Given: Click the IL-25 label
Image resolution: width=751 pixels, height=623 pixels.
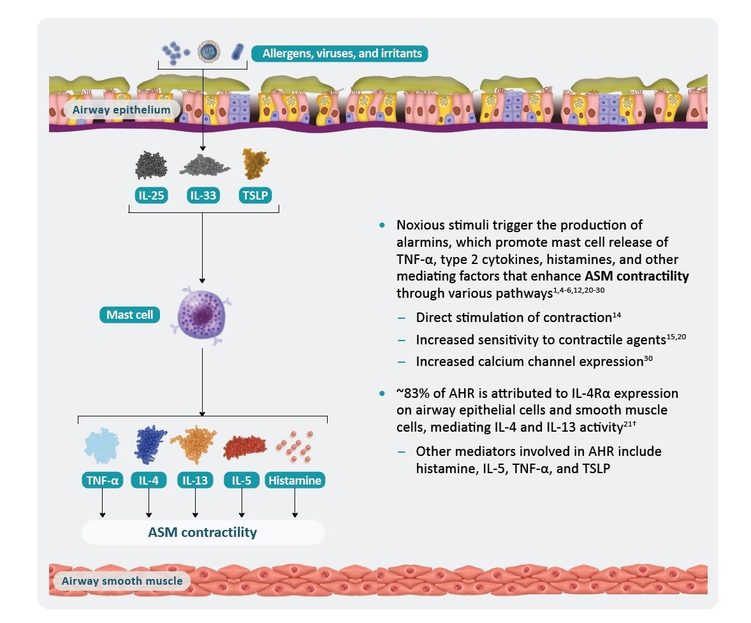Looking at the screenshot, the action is pos(151,196).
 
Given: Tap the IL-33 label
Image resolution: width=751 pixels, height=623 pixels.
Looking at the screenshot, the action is pos(203,196).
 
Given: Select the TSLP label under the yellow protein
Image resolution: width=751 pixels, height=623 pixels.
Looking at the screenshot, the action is pos(255,196).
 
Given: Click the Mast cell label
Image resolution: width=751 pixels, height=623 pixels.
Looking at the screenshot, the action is pos(130,315).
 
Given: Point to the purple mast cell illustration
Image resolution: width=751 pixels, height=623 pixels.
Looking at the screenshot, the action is pos(201,316).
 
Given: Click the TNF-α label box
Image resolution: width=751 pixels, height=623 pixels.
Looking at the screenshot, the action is pos(103,480).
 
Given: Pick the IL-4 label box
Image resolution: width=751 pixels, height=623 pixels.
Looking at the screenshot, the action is pos(149,480).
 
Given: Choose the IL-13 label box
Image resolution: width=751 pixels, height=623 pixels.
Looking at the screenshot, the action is pos(195,480).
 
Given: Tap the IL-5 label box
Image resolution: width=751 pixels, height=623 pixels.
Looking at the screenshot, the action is pos(242,480).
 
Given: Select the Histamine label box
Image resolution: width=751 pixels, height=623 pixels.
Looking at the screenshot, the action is pos(295,480).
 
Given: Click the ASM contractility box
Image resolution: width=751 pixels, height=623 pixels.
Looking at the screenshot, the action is pos(203,532).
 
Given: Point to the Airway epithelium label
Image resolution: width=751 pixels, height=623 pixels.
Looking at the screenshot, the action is pos(122,110).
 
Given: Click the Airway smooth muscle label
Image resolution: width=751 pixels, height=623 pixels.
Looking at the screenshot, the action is pos(122,581).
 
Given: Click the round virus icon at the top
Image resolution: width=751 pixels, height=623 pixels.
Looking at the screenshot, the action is pos(209,51).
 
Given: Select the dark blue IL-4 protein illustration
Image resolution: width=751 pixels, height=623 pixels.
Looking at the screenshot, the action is pos(150,444).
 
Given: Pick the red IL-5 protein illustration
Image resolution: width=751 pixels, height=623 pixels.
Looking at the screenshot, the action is pos(245,446).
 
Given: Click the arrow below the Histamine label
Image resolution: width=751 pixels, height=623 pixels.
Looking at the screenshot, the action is pos(295,503).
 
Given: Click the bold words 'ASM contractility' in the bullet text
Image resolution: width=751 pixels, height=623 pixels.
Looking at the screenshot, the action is pos(636,276).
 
